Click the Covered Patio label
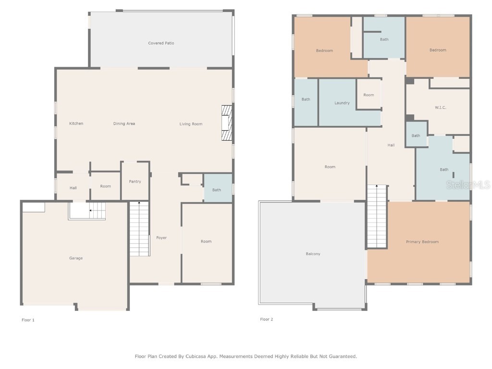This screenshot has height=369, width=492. coord(161,43)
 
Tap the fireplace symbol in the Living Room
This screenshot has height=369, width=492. coord(227,123)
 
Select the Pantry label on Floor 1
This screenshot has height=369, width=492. coord(135,181)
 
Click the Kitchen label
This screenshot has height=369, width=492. coord(76,123)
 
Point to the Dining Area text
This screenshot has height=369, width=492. coord(124,123)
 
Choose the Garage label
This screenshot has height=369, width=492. coord(76,258)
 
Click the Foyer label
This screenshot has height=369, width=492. coord(161,237)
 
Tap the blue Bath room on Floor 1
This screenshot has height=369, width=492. coord(218,188)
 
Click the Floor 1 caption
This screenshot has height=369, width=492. coord(28,320)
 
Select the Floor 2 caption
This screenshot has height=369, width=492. coord(266,319)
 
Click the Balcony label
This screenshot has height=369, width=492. coord(313,254)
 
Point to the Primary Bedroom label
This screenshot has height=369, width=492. coord(422,242)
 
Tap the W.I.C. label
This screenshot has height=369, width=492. coord(440,107)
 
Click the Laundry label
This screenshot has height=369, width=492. coord(342,103)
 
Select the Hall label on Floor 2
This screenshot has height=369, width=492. coord(391,145)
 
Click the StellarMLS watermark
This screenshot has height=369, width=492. coord(468,185)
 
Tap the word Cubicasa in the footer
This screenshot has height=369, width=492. coord(198,357)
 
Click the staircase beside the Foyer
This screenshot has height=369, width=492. coord(139,229)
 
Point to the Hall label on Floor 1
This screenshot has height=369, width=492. coord(73,188)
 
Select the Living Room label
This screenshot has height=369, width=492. coord(191,124)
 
